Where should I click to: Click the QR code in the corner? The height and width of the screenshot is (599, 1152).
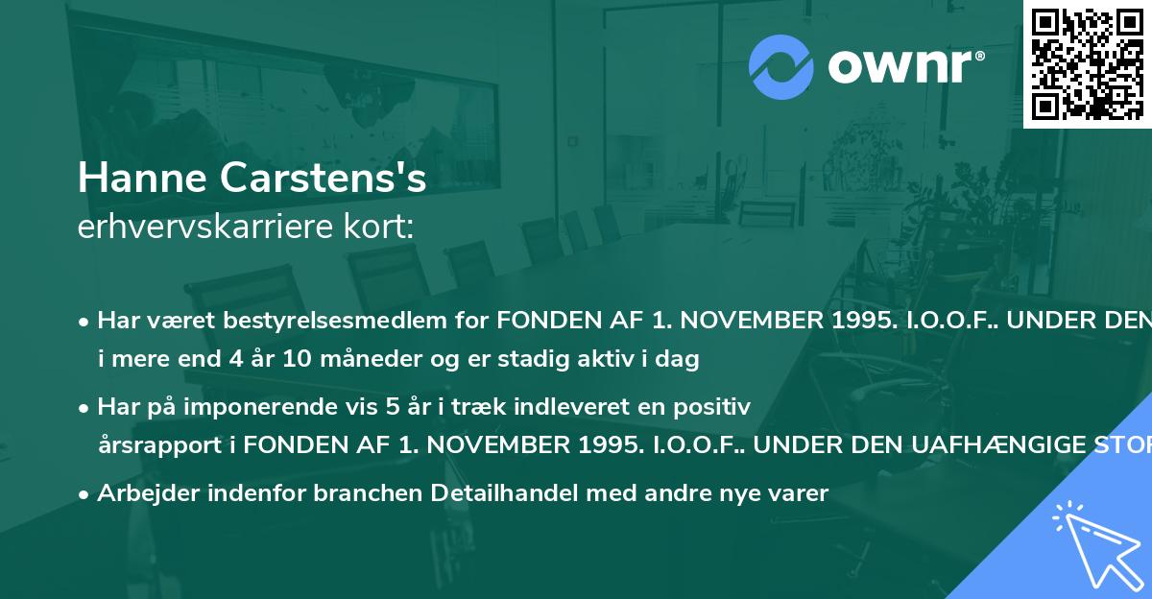(x=1087, y=63)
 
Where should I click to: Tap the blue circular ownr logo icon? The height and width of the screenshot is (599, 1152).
(x=781, y=66)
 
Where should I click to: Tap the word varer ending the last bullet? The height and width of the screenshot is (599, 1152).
(x=800, y=493)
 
